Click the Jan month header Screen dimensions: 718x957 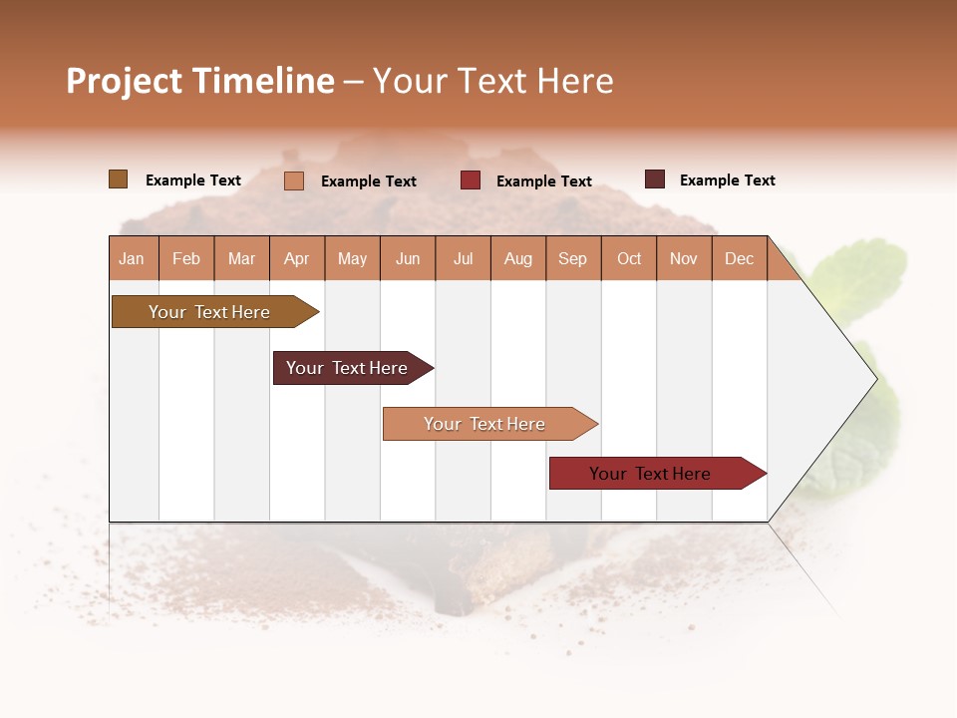pyautogui.click(x=132, y=258)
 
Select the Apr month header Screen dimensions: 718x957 pyautogui.click(x=297, y=258)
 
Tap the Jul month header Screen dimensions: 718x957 pyautogui.click(x=463, y=258)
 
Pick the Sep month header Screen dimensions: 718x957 pyautogui.click(x=572, y=258)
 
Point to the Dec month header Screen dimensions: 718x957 pyautogui.click(x=739, y=258)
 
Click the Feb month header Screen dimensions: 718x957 pyautogui.click(x=186, y=258)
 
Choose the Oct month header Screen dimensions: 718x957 pyautogui.click(x=629, y=258)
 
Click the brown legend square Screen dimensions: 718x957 pyautogui.click(x=118, y=179)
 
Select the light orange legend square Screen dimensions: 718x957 pyautogui.click(x=294, y=180)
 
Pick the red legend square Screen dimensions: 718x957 pyautogui.click(x=471, y=180)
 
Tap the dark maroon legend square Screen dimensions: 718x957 pyautogui.click(x=655, y=179)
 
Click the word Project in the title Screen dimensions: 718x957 pyautogui.click(x=125, y=81)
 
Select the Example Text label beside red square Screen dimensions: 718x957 pyautogui.click(x=544, y=181)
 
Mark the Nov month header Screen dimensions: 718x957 pyautogui.click(x=684, y=258)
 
